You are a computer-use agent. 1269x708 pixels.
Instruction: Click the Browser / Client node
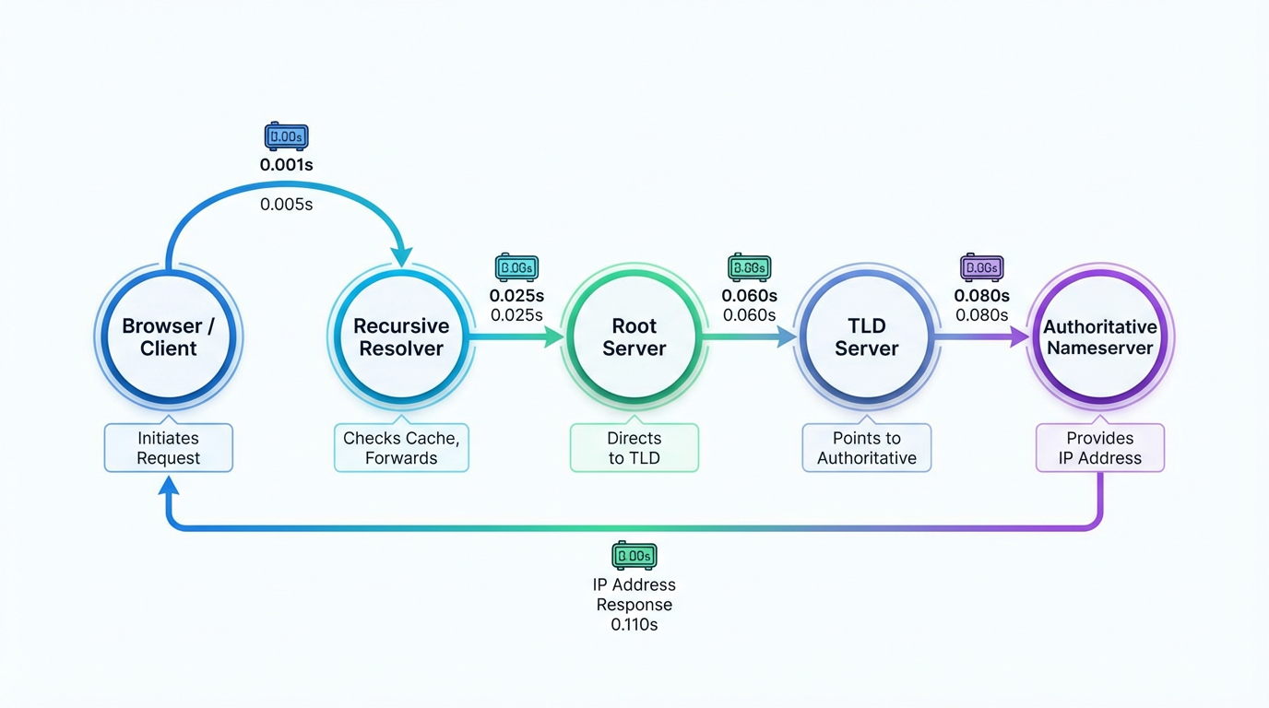[x=169, y=337]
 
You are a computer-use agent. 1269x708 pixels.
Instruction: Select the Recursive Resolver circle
[x=401, y=337]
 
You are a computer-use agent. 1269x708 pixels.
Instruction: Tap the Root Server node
[x=634, y=337]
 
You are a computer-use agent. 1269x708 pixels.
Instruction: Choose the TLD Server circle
[x=867, y=337]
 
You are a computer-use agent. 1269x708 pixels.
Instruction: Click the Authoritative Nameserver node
[x=1099, y=337]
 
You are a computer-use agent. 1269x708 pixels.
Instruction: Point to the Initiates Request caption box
[x=169, y=448]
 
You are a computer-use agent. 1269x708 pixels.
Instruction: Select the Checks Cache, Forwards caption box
[x=401, y=448]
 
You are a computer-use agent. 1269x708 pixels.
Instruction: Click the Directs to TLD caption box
[x=634, y=448]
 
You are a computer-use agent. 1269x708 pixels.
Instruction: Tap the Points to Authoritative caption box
[x=867, y=448]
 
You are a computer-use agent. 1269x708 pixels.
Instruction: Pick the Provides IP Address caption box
[x=1099, y=448]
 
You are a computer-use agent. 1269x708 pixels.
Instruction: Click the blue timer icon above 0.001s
[x=286, y=136]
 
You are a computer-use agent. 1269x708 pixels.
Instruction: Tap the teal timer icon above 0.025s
[x=516, y=267]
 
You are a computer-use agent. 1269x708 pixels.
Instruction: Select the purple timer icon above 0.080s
[x=981, y=267]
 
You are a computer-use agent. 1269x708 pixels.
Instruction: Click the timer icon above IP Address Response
[x=634, y=556]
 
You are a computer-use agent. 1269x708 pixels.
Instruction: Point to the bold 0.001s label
[x=286, y=166]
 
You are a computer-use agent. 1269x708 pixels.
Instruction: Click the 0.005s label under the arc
[x=286, y=205]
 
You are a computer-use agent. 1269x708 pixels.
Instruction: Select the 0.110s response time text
[x=634, y=625]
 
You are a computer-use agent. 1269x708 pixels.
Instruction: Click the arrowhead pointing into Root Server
[x=554, y=337]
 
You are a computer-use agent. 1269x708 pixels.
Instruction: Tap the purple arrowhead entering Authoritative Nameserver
[x=1019, y=337]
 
